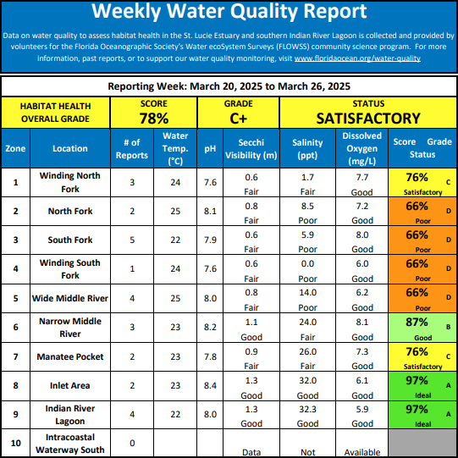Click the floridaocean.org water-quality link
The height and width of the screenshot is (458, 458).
(357, 58)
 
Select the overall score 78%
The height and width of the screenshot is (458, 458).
(154, 119)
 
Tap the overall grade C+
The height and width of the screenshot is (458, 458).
(239, 119)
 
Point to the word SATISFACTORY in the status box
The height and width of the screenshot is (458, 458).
(368, 119)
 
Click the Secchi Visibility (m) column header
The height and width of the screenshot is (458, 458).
(251, 149)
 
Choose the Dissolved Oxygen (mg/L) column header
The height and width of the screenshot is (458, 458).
(361, 148)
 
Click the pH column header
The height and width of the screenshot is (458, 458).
(210, 149)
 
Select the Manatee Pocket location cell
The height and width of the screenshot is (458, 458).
(70, 356)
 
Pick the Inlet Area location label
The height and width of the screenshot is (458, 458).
(69, 385)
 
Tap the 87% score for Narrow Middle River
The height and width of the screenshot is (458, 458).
(417, 323)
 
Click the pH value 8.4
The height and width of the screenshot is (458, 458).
(210, 385)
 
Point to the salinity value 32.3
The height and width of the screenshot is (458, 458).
(307, 409)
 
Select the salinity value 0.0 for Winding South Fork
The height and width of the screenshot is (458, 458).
(307, 264)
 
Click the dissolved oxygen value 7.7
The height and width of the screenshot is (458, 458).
(362, 177)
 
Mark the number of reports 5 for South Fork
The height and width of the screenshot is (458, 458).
(132, 240)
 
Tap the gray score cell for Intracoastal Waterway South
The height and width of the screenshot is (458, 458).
(422, 443)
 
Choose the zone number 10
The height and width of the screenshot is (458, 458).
(15, 443)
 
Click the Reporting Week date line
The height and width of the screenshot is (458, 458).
(229, 86)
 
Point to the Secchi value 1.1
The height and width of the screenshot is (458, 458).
(251, 323)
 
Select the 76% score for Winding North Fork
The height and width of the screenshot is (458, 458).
(417, 177)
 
